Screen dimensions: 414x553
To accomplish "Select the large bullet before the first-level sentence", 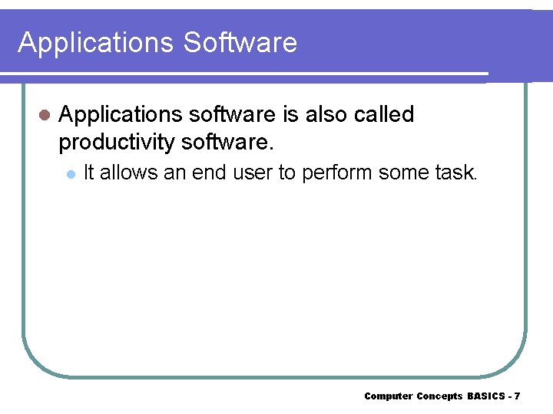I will tap(44, 115).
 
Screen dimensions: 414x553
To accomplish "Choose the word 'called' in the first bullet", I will tap(388, 114).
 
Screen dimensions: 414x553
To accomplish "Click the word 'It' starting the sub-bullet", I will tap(88, 173).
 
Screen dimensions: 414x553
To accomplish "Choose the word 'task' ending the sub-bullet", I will tap(455, 173).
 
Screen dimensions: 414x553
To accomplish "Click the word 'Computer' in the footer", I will tap(388, 396).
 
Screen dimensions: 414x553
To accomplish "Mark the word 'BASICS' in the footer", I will tap(485, 396).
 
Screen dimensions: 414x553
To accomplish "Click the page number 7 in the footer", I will tap(517, 396).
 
